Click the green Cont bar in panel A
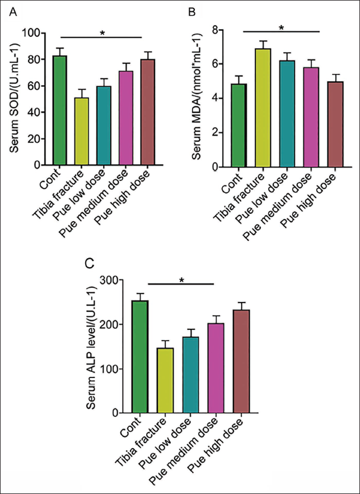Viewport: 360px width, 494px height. click(x=60, y=110)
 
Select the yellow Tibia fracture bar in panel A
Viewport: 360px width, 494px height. click(x=81, y=132)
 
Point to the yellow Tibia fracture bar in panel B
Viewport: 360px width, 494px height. click(x=263, y=108)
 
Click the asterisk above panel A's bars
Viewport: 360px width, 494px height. click(x=102, y=33)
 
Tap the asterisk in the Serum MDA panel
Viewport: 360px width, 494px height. click(x=282, y=28)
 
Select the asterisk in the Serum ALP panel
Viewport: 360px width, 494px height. click(x=181, y=280)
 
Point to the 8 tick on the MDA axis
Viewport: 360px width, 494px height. click(x=214, y=30)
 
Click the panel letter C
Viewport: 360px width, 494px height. click(x=91, y=263)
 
